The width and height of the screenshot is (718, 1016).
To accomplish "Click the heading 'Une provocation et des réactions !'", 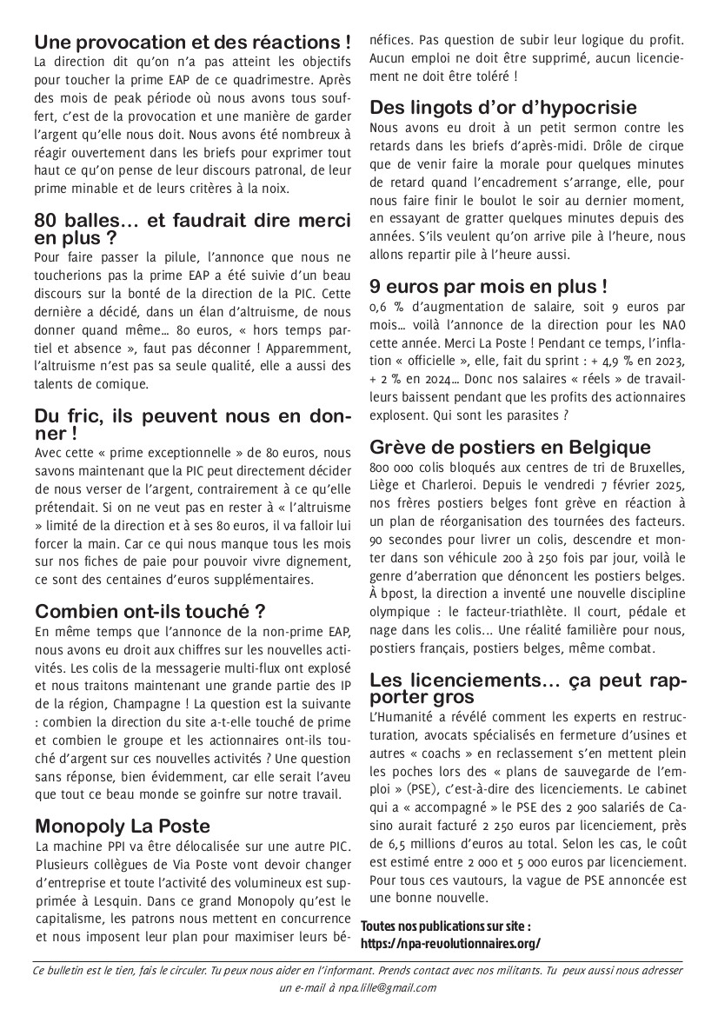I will point(193,42).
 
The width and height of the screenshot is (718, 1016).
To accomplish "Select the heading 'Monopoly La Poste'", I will point(123,826).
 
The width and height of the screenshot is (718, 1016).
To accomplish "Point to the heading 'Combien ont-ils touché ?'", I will point(150,611).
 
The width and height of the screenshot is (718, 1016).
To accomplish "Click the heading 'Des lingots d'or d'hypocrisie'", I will point(515,108).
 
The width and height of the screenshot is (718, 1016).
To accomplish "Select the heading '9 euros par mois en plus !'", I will point(489,285).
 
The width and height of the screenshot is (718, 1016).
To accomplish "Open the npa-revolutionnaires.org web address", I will point(450,942).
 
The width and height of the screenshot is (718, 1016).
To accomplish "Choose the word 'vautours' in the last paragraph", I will point(475,880).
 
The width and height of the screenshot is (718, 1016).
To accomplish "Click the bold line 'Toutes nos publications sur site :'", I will point(444,926).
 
